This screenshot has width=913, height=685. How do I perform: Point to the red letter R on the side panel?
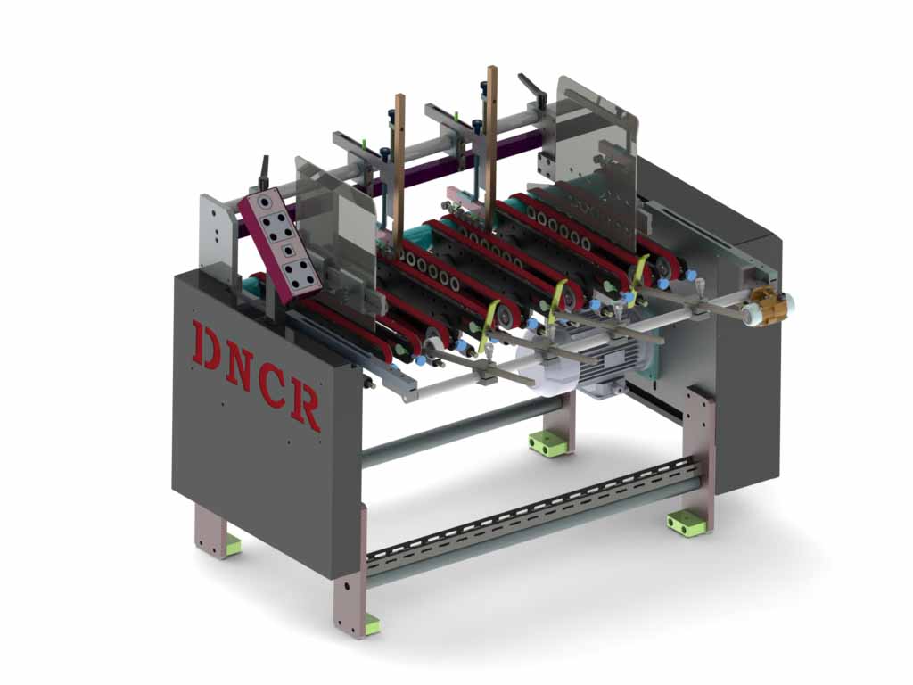click(x=305, y=406)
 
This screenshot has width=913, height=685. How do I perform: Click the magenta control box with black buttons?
click(x=279, y=244)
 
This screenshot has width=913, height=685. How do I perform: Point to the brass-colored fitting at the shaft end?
click(x=767, y=303)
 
